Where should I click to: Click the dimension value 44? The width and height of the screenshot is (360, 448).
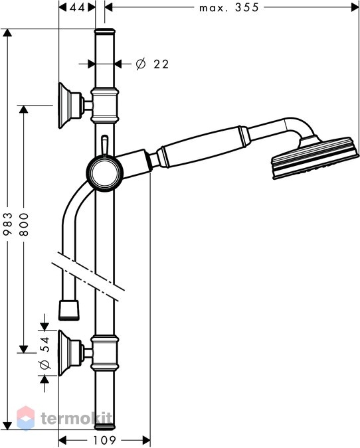pos(77,7)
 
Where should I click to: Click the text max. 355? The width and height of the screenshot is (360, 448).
pos(229,7)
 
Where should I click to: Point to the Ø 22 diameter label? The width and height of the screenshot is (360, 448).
pos(152,64)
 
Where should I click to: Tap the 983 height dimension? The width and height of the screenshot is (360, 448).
pos(8,224)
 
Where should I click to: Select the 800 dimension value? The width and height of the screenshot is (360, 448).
pos(24,224)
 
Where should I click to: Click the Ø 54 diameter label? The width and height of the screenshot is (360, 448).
pos(45,353)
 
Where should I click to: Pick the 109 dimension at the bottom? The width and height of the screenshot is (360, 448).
pos(105,440)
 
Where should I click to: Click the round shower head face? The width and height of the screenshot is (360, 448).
pos(315,159)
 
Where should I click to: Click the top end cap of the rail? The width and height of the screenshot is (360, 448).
pos(105,31)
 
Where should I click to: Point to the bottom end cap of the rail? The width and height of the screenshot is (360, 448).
pos(105,427)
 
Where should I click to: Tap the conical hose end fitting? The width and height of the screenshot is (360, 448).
pos(69,310)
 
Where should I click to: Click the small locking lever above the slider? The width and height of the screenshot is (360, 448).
pos(105,145)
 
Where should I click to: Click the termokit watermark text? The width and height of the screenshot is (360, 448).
pos(76,419)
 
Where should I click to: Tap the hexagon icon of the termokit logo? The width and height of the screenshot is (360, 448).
pos(26,418)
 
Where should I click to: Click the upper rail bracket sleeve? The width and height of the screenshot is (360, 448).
pos(105,106)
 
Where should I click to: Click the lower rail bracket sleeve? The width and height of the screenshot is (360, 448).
pos(105,353)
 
